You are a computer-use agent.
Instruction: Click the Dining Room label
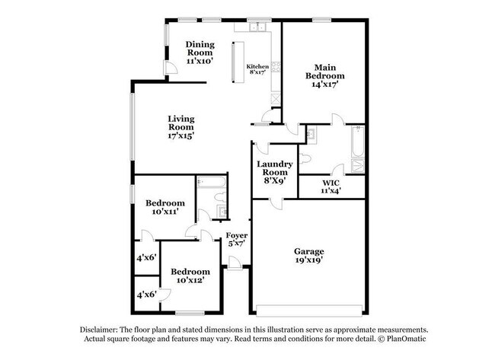[x=200, y=52]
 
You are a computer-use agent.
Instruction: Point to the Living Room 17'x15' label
[x=181, y=127]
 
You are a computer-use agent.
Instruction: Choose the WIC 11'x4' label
[x=331, y=186]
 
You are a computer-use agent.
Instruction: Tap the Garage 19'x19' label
[x=309, y=256]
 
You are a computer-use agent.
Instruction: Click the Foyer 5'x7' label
[x=237, y=240]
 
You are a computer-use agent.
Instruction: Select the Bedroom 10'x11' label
[x=165, y=208]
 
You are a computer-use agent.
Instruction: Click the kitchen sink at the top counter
[x=259, y=27]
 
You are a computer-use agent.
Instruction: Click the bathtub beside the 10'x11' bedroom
[x=211, y=183]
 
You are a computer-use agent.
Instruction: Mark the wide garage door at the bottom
[x=309, y=311]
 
